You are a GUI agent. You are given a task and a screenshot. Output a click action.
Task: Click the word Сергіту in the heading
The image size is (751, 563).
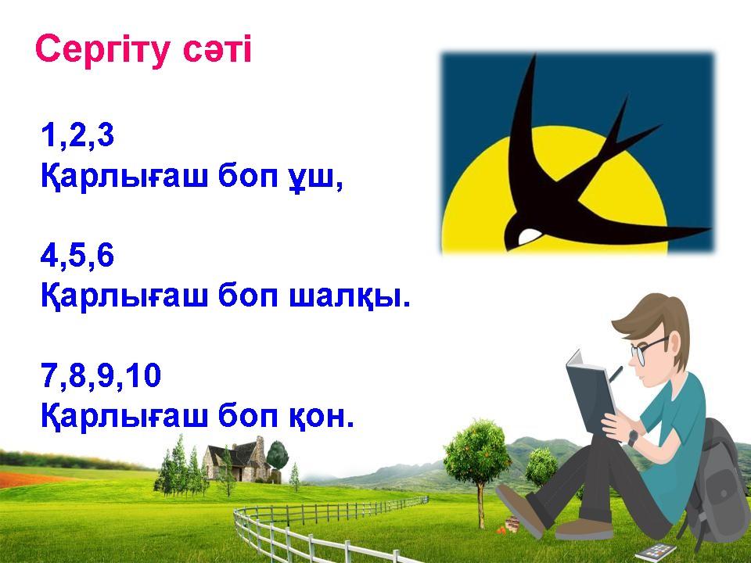coord(103,50)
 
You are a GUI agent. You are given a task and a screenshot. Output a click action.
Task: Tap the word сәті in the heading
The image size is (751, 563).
coord(217,49)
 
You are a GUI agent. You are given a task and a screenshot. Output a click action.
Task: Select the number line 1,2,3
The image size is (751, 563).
coord(77,134)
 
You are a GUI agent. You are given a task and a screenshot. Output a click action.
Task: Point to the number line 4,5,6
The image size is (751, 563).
coord(77,255)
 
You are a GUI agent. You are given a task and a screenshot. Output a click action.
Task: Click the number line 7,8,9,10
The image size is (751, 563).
coord(101,375)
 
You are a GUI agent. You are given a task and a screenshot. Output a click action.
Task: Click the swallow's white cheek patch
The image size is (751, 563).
coord(530,235)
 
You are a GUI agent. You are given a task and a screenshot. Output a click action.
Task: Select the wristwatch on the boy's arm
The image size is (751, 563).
coord(633,438)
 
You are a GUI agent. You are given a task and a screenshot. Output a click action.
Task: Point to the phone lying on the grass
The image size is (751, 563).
coord(655,551)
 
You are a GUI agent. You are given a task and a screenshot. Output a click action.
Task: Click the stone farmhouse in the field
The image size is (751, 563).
coord(235,459)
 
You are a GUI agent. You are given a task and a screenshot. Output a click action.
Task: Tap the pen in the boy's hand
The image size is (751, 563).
coord(616,374)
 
